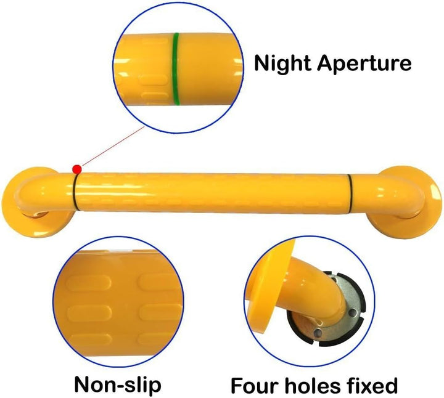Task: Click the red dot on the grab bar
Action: click(77, 169)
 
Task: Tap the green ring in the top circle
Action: click(176, 69)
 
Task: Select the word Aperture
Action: click(364, 63)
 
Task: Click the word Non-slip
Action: click(118, 384)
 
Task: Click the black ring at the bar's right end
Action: click(350, 192)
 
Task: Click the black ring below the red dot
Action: click(76, 192)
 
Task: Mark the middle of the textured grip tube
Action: click(213, 192)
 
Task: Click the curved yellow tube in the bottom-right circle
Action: click(320, 288)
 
